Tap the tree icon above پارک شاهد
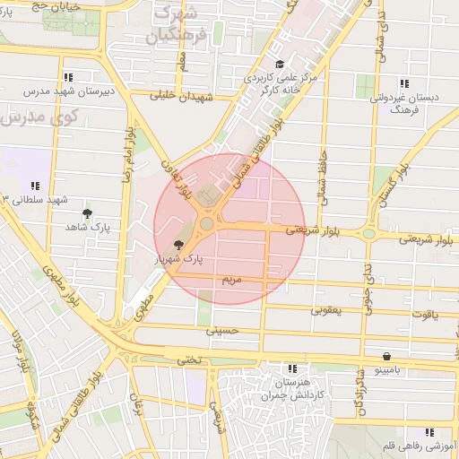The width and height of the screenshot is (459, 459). pos(86,213)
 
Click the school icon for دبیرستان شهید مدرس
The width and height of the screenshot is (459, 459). pos(68,78)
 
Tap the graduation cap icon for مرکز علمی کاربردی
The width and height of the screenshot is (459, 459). pos(280,64)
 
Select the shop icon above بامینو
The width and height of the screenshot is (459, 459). pos(386,355)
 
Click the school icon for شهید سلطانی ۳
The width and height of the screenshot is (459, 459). pos(35,186)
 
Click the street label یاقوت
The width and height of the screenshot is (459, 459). pos(420,316)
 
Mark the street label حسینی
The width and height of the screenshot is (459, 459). pos(224,331)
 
